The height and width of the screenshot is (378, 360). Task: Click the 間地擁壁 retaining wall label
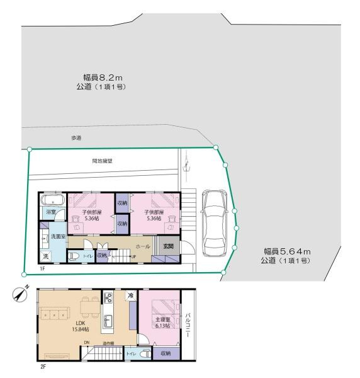click(101, 161)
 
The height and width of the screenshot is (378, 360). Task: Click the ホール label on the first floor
click(143, 246)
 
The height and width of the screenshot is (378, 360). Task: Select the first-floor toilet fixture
click(74, 256)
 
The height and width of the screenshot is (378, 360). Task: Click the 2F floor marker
click(43, 365)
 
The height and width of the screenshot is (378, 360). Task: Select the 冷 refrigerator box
click(130, 295)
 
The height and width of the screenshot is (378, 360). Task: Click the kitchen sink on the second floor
click(108, 318)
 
